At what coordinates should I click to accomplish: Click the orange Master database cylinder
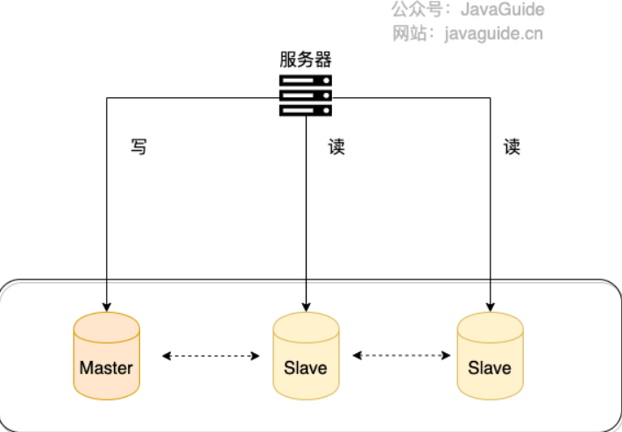coord(106,356)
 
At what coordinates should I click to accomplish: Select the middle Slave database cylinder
coord(306,356)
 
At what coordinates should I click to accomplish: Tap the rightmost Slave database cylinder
coord(490,356)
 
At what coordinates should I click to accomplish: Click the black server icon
coord(306,96)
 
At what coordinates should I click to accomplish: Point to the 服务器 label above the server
coord(306,60)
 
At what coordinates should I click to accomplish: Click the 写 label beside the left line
coord(138,146)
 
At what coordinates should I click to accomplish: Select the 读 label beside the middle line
coord(336,146)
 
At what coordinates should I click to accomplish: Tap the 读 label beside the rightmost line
coord(512,146)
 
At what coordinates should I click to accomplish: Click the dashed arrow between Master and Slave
coord(210,356)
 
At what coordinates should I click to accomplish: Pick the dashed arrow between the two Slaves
coord(401,355)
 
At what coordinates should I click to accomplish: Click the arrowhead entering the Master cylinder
coord(106,307)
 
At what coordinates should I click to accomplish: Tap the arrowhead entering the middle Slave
coord(306,307)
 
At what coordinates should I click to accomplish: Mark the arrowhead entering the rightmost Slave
coord(490,307)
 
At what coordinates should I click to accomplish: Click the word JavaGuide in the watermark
coord(502,10)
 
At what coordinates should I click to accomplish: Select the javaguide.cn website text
coord(494,34)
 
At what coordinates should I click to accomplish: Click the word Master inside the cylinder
coord(106,368)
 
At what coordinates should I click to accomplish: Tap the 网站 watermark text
coord(409,33)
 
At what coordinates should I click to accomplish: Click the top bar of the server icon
coord(306,81)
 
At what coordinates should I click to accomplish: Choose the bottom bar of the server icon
coord(306,110)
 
